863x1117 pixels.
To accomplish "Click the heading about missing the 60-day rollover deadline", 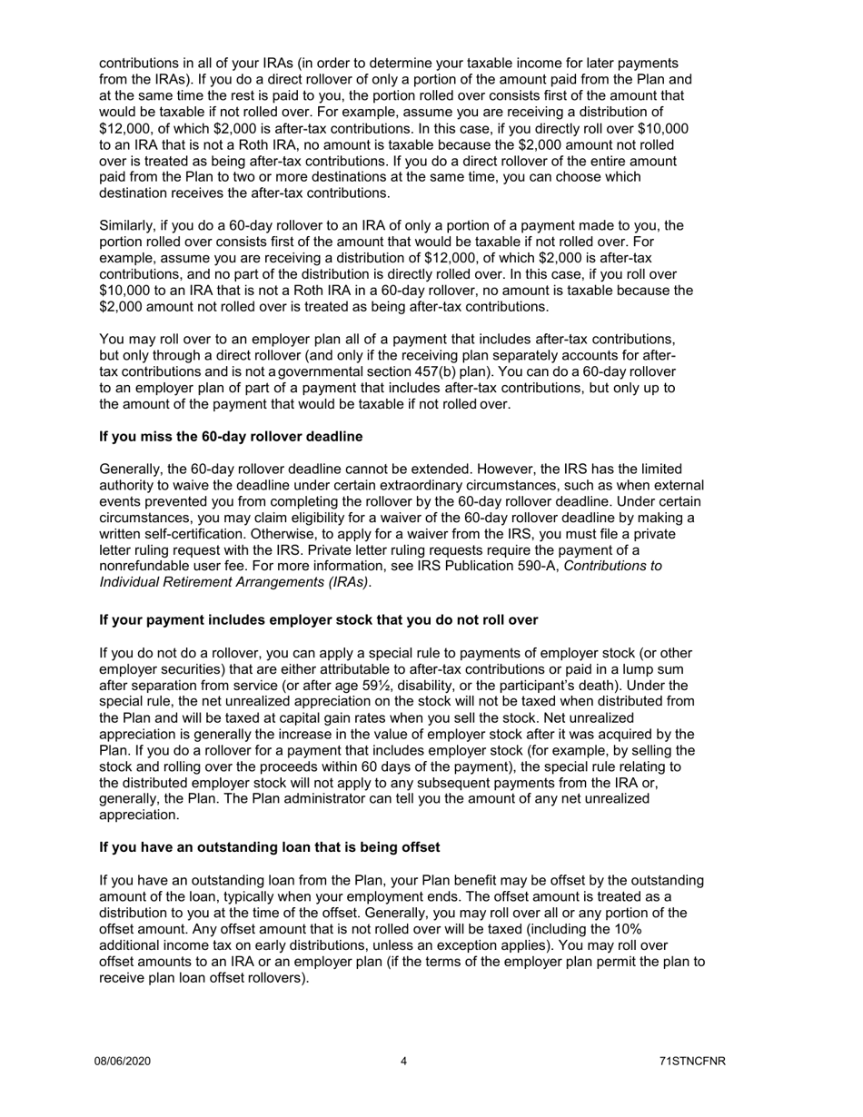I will [x=231, y=437].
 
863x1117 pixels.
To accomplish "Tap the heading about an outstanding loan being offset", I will [x=269, y=847].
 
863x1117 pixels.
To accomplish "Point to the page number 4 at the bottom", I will [x=403, y=1061].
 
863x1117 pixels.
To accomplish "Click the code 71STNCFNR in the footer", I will [x=693, y=1061].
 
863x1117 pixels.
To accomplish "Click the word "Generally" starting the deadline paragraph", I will [x=131, y=470].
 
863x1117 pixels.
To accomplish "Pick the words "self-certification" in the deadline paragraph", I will [x=191, y=534].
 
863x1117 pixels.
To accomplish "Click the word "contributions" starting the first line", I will [x=140, y=63].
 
